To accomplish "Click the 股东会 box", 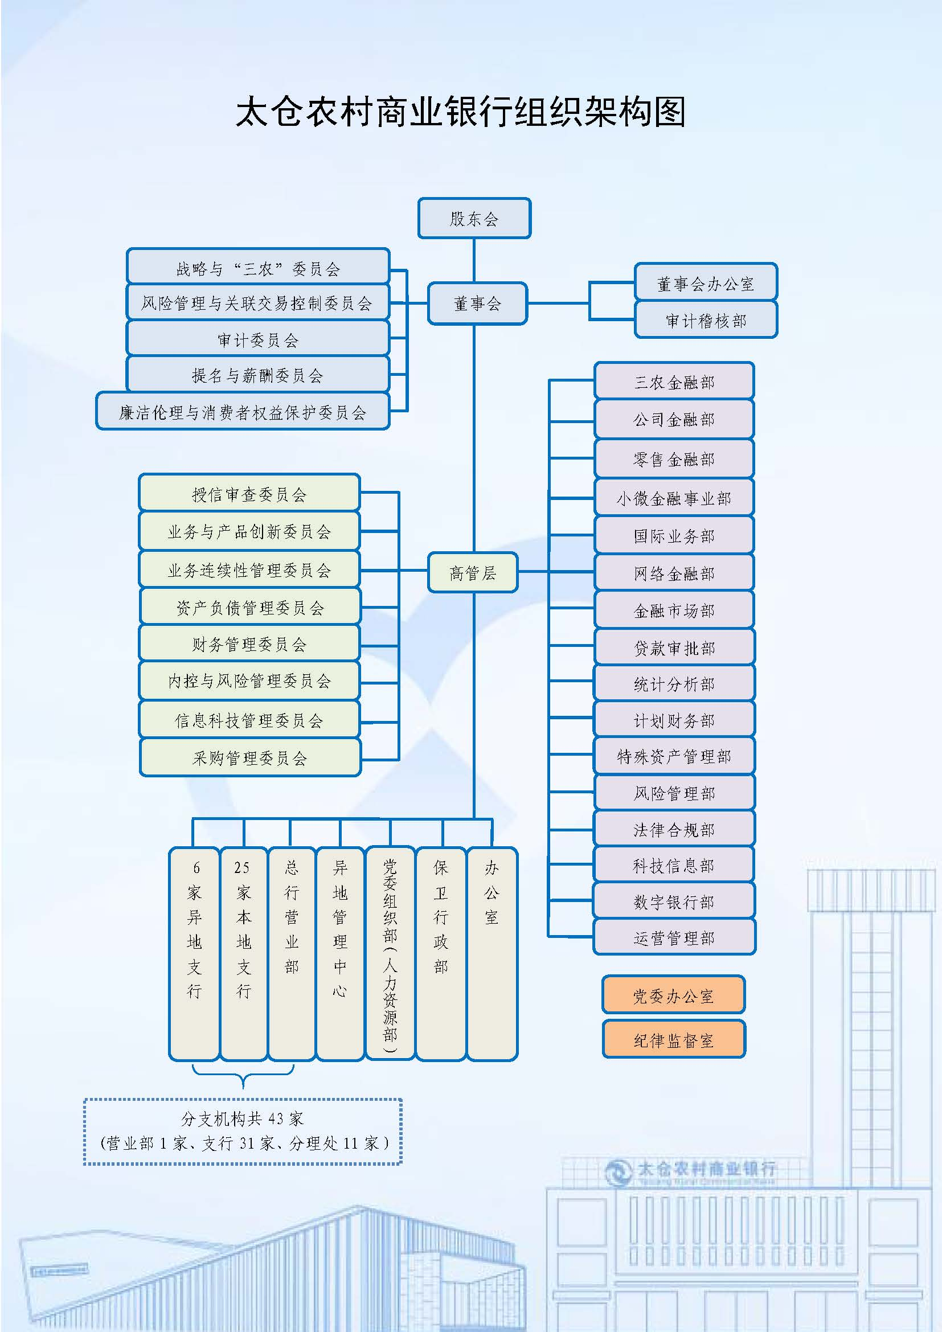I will point(474,218).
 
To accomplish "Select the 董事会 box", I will point(477,304).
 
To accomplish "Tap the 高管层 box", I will point(472,572).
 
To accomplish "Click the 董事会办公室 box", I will point(705,283).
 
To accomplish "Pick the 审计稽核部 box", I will point(705,320).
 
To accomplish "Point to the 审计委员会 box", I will point(257,339).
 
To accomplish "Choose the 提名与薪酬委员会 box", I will point(257,375).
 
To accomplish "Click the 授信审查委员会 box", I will point(249,494).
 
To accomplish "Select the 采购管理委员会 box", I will point(250,757).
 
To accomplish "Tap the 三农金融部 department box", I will point(674,382).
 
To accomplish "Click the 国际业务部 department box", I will point(674,535).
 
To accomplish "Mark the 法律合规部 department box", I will point(674,830).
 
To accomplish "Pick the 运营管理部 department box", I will point(674,938).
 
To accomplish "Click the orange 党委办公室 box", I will point(673,995).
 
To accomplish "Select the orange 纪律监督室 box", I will point(673,1040).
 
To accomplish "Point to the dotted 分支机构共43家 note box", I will point(243,1131).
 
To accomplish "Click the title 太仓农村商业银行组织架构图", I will point(461,112).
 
